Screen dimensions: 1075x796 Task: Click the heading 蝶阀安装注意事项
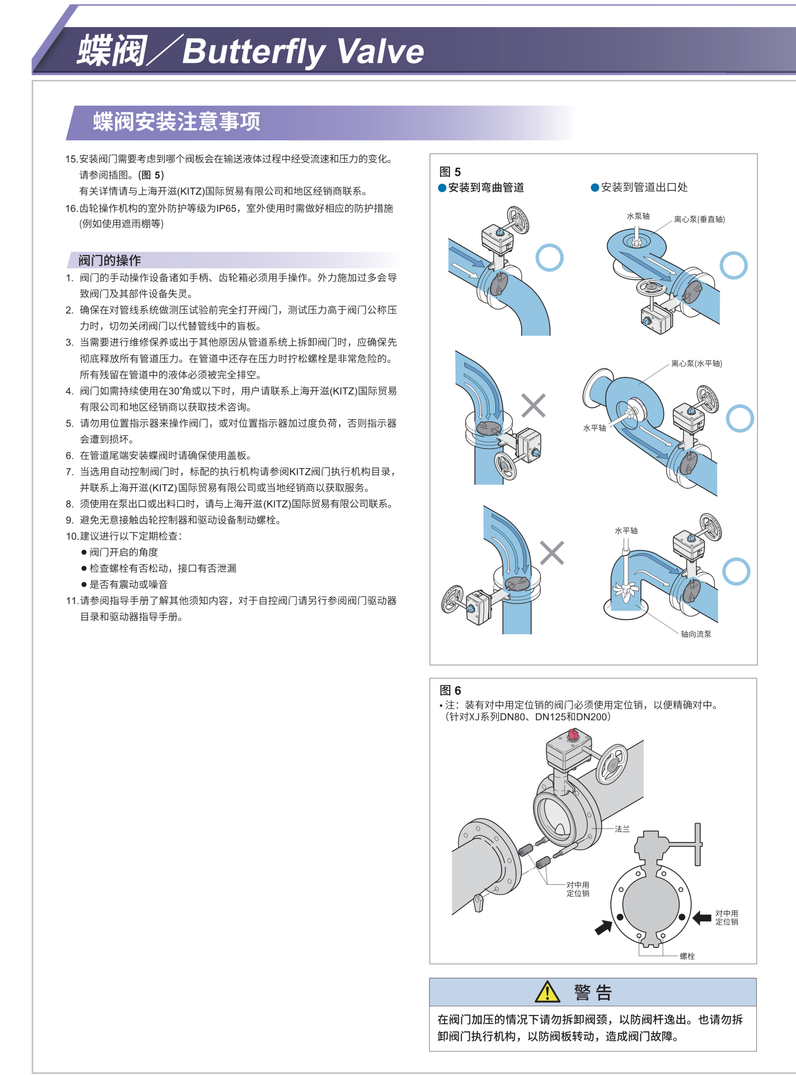click(176, 122)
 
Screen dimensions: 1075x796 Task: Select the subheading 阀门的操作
click(109, 261)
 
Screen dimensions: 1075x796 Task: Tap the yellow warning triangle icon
click(547, 992)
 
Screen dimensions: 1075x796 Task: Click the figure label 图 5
click(450, 172)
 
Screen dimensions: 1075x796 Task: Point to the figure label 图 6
click(450, 690)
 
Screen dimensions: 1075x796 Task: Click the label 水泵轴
click(638, 216)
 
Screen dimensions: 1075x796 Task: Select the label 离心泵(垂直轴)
click(699, 219)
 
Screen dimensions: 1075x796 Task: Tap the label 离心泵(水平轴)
click(696, 364)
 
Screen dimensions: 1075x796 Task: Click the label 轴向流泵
click(696, 634)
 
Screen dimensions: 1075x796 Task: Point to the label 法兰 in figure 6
click(622, 829)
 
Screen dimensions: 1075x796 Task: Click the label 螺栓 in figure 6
click(687, 956)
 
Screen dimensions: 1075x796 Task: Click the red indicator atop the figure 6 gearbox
click(573, 734)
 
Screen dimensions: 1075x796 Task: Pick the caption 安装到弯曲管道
click(486, 187)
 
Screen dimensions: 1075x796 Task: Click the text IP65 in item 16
click(226, 209)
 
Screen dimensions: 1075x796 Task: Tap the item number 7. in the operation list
click(70, 472)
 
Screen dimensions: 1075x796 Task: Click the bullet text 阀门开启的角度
click(124, 552)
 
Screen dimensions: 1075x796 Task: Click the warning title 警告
click(593, 993)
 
